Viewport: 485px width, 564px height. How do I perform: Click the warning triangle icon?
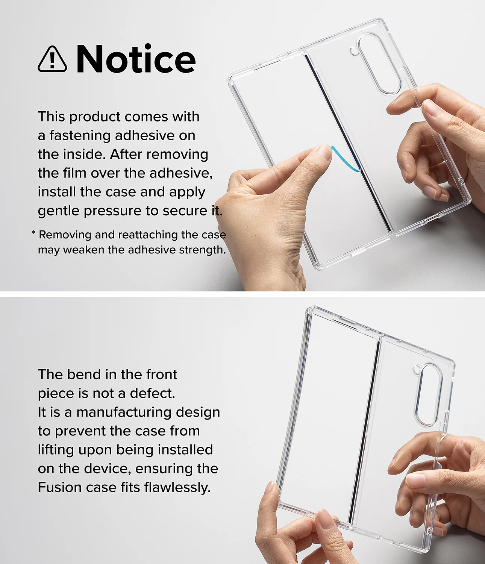(52, 59)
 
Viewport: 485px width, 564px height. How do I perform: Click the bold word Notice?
(136, 58)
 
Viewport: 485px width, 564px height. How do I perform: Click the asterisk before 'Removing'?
(33, 233)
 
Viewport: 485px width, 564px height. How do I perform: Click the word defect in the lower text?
(152, 393)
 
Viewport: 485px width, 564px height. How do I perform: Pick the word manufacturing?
(124, 413)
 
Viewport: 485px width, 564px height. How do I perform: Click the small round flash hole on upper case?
(353, 51)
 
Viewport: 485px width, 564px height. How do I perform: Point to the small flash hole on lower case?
(417, 370)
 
